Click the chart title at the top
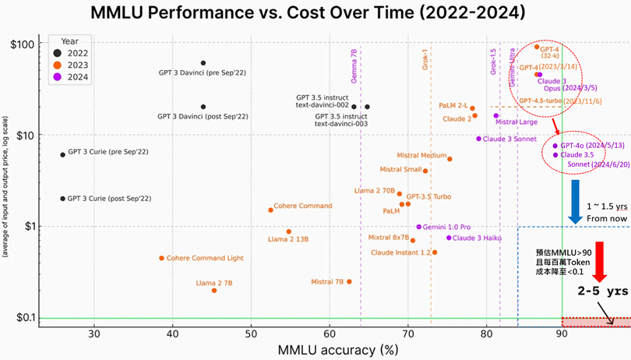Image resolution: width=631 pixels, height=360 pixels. pyautogui.click(x=315, y=13)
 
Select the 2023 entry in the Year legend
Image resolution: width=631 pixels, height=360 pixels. pyautogui.click(x=76, y=65)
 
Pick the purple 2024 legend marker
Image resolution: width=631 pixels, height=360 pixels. pyautogui.click(x=58, y=77)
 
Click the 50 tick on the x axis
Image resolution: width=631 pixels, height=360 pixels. pyautogui.click(x=251, y=334)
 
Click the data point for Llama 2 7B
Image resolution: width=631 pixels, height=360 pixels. pyautogui.click(x=214, y=290)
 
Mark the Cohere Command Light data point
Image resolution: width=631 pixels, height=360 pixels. pyautogui.click(x=162, y=258)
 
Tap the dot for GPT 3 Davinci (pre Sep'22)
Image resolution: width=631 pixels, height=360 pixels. pyautogui.click(x=203, y=63)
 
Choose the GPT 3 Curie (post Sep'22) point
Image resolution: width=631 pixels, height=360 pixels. pyautogui.click(x=63, y=199)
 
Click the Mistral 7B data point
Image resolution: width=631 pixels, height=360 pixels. pyautogui.click(x=349, y=281)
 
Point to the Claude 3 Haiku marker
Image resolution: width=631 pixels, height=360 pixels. pyautogui.click(x=449, y=238)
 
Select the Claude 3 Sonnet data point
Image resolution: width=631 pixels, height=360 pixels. pyautogui.click(x=479, y=139)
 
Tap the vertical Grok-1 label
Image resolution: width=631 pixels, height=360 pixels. pyautogui.click(x=425, y=59)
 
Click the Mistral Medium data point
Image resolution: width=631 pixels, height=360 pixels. pyautogui.click(x=449, y=159)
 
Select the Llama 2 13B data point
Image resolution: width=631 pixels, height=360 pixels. pyautogui.click(x=289, y=231)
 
